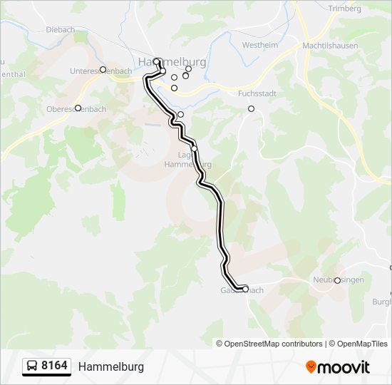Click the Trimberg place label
[x=345, y=9]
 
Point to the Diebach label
[x=60, y=29]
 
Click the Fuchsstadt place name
[x=257, y=93]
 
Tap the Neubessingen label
[x=338, y=280]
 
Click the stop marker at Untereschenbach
[x=103, y=69]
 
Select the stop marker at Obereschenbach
[x=78, y=108]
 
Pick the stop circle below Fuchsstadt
[x=251, y=108]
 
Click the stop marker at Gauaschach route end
[x=245, y=289]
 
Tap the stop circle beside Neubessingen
[x=337, y=280]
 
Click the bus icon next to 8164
[x=32, y=366]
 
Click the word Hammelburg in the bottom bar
[x=111, y=366]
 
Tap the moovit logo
[x=338, y=366]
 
